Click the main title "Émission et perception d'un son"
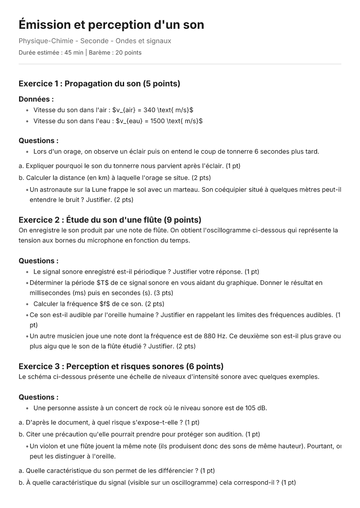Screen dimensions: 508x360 111,25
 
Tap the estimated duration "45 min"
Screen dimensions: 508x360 74,53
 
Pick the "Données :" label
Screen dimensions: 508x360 36,99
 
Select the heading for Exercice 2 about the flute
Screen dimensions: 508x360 110,220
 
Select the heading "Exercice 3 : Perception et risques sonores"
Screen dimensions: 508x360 121,366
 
